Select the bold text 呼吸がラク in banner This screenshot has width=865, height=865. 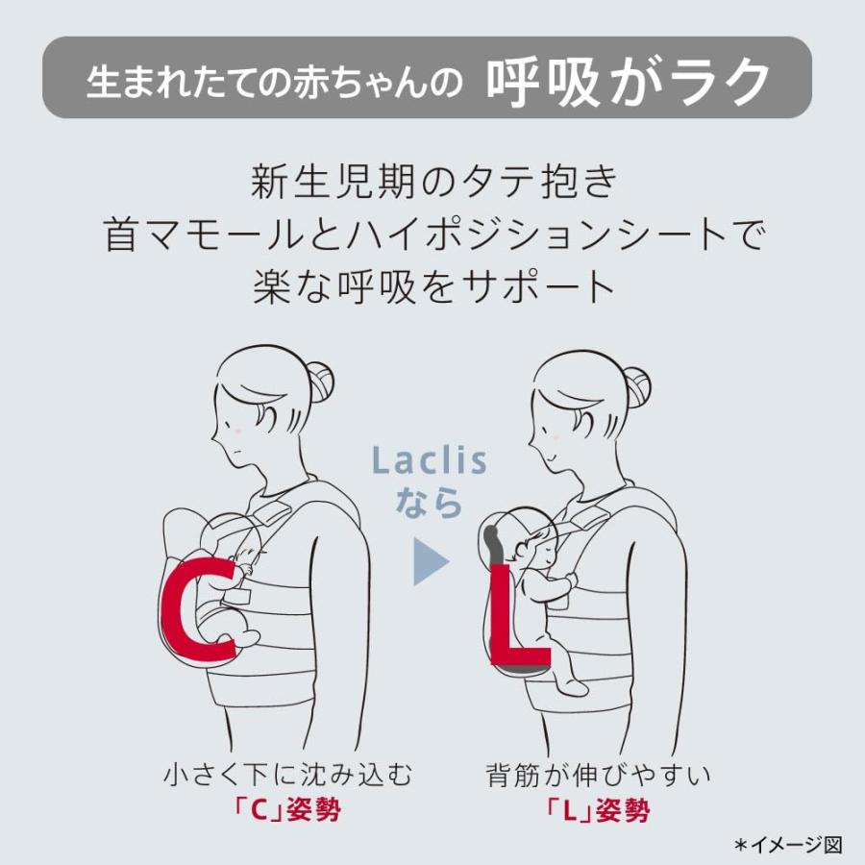629,79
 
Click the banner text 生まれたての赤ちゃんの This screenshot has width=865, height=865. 282,81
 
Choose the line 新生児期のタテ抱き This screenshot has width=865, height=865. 432,182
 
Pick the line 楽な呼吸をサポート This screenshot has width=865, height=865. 432,287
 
